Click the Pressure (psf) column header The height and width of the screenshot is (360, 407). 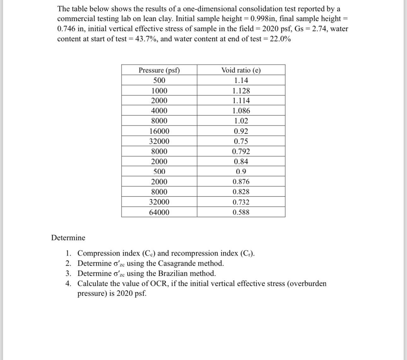tap(159, 70)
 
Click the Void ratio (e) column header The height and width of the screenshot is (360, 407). tap(241, 70)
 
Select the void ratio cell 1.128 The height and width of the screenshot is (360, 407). tap(241, 91)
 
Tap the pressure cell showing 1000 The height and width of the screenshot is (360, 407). tap(159, 91)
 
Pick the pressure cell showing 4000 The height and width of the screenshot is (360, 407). tap(159, 111)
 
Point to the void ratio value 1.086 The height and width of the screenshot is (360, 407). tap(241, 111)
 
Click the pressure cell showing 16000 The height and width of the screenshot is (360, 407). tap(159, 131)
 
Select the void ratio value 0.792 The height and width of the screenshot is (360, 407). tap(241, 151)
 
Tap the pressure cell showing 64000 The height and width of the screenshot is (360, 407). tap(159, 212)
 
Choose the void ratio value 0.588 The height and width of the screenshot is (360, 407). tap(241, 212)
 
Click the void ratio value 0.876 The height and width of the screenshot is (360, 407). tap(241, 182)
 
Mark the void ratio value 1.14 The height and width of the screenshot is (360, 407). tap(241, 80)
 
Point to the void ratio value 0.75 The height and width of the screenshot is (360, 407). tap(241, 141)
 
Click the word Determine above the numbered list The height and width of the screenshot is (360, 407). tap(68, 238)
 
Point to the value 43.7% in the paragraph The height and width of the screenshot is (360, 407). tap(145, 39)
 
